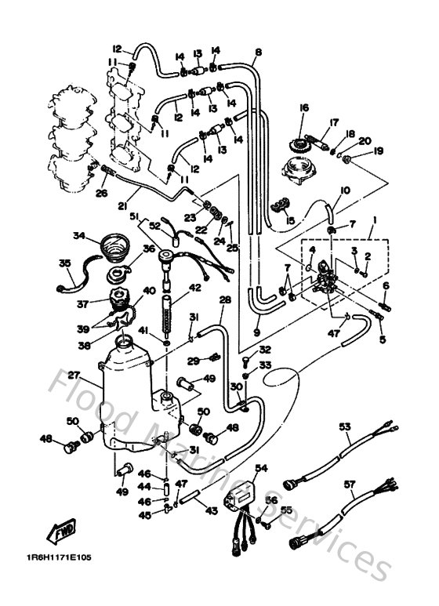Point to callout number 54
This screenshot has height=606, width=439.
260,467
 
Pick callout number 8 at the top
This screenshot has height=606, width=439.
258,53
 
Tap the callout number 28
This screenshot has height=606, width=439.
225,299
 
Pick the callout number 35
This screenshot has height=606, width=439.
65,263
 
